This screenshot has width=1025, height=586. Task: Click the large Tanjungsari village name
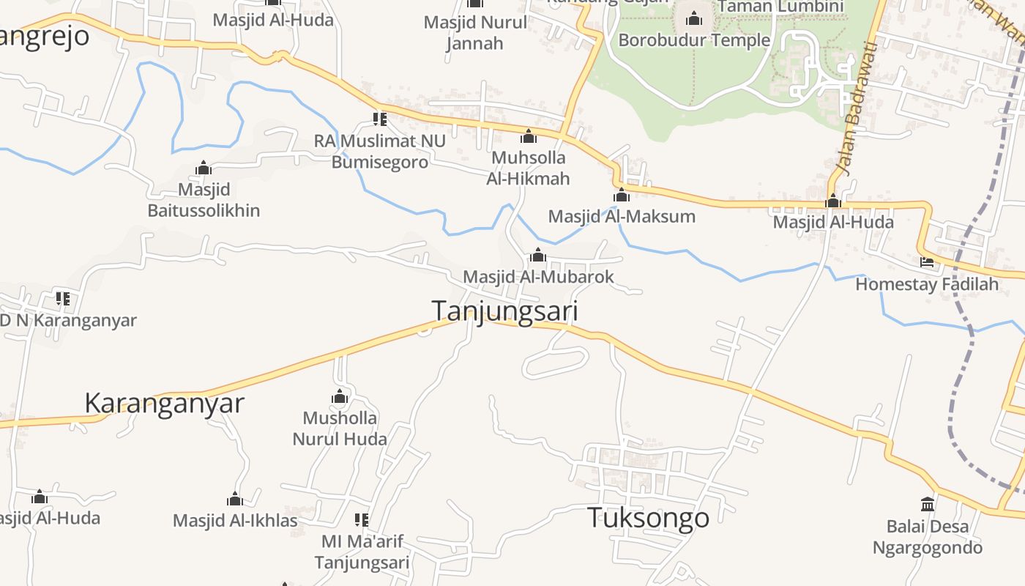tap(504, 311)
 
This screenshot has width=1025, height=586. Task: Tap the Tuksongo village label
tap(648, 518)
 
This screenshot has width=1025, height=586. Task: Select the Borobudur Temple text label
tap(694, 40)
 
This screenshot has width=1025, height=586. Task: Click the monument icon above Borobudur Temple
tap(694, 18)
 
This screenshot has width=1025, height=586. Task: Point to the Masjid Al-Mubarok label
tap(538, 277)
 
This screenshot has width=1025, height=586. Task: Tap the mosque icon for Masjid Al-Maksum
tap(622, 196)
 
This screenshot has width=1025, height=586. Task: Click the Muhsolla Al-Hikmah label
tap(528, 168)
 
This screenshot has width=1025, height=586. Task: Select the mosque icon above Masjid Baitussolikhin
tap(204, 168)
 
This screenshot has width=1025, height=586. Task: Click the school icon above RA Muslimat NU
tap(379, 119)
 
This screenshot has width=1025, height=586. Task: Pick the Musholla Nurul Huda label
tap(340, 429)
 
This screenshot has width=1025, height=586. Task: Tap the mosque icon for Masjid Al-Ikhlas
tap(235, 500)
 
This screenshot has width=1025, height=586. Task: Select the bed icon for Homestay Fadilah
tap(927, 262)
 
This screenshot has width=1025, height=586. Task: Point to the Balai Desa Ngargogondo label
tap(927, 537)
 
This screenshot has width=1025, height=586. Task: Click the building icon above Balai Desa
tap(928, 504)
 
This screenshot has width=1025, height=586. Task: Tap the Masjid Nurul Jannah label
tap(475, 32)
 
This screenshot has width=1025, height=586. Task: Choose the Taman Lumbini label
tap(780, 7)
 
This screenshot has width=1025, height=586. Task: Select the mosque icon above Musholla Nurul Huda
tap(340, 397)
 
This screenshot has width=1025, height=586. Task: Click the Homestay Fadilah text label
tap(927, 283)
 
